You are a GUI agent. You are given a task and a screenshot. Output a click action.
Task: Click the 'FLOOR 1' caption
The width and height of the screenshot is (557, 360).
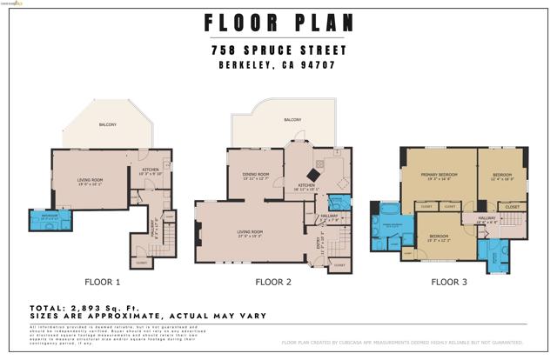click(102, 282)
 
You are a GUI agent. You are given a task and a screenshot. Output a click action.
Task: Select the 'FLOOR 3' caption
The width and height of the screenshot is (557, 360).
click(450, 282)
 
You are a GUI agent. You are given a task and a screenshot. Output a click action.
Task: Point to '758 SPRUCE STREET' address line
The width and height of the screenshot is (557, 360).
click(279, 50)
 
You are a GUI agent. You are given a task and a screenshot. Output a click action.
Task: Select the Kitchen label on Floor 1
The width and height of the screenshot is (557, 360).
click(150, 171)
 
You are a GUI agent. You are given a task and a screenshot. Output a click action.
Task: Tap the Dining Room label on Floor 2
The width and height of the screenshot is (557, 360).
click(255, 176)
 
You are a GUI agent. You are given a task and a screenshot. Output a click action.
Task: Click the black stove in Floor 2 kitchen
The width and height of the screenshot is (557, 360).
click(319, 163)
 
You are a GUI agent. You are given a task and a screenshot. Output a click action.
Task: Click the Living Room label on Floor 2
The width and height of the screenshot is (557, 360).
click(251, 233)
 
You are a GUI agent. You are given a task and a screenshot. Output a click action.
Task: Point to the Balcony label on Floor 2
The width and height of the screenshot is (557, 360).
click(292, 120)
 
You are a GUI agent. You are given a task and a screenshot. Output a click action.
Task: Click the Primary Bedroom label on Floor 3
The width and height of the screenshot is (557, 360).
click(439, 178)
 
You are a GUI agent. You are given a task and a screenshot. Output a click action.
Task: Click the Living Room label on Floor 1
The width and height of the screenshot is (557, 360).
click(91, 182)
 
